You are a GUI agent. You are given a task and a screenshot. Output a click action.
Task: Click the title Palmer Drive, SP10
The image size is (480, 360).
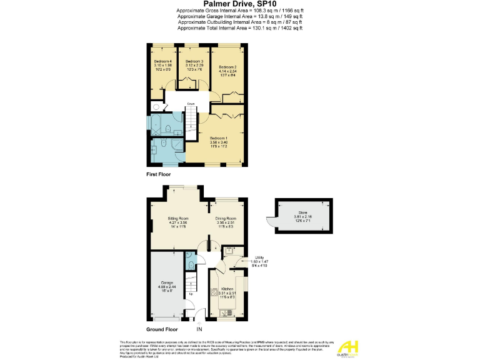click(x=240, y=5)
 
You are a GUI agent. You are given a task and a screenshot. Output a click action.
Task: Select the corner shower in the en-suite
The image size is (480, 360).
click(x=177, y=146)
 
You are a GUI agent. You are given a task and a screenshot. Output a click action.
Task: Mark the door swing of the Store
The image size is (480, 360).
click(x=270, y=222)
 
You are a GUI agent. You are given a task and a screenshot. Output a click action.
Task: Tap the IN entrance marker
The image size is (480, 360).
click(x=199, y=329)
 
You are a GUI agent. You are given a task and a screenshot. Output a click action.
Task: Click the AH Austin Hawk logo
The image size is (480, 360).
click(x=350, y=347)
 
